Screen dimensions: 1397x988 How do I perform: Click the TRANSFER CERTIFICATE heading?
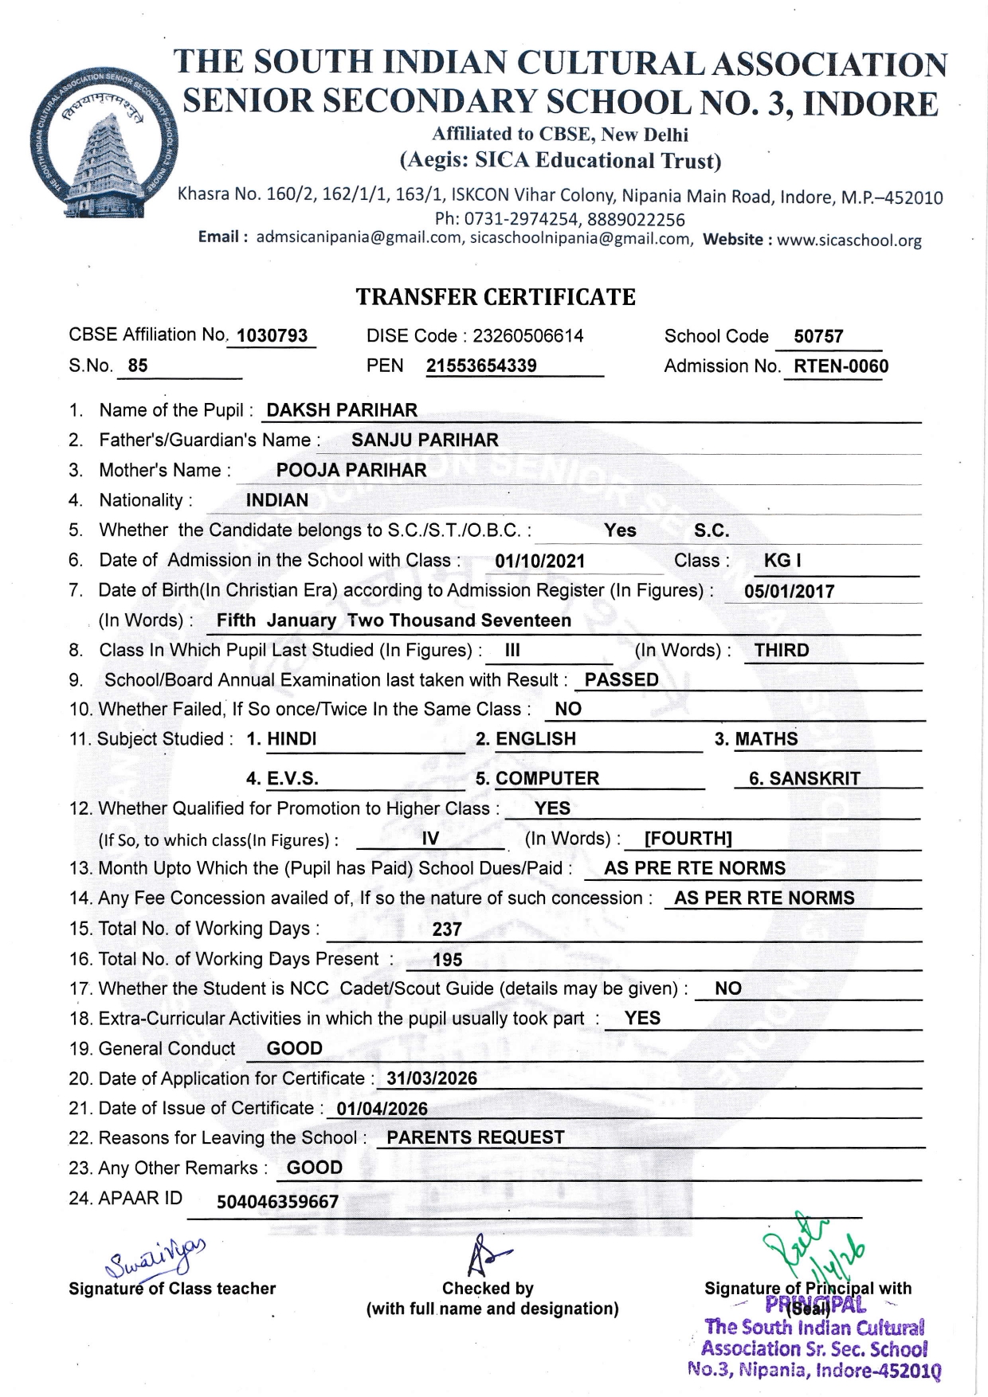[495, 297]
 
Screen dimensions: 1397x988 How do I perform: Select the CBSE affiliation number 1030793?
[272, 335]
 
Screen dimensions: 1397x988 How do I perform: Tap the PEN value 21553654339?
[481, 366]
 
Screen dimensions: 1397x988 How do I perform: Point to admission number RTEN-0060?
[841, 366]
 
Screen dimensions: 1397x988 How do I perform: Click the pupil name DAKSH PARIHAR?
[342, 410]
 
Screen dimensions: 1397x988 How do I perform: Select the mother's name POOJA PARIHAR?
[351, 470]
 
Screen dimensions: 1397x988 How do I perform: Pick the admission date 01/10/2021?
[539, 561]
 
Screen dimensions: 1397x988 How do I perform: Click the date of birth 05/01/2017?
[789, 591]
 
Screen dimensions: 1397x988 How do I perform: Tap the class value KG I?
[782, 561]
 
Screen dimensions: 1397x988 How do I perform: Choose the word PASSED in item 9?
[621, 679]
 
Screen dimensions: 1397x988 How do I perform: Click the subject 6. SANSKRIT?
[804, 778]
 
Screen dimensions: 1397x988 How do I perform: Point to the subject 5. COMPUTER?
[537, 778]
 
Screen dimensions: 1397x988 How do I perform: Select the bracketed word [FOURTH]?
[688, 838]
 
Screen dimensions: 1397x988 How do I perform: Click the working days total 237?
[447, 929]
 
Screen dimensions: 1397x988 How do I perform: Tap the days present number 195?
[447, 960]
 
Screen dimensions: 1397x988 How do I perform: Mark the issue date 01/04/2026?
[382, 1109]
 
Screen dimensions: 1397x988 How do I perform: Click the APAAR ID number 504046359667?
[277, 1201]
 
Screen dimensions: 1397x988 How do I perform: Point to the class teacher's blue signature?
[155, 1258]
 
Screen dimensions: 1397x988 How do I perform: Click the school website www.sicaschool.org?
[849, 240]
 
